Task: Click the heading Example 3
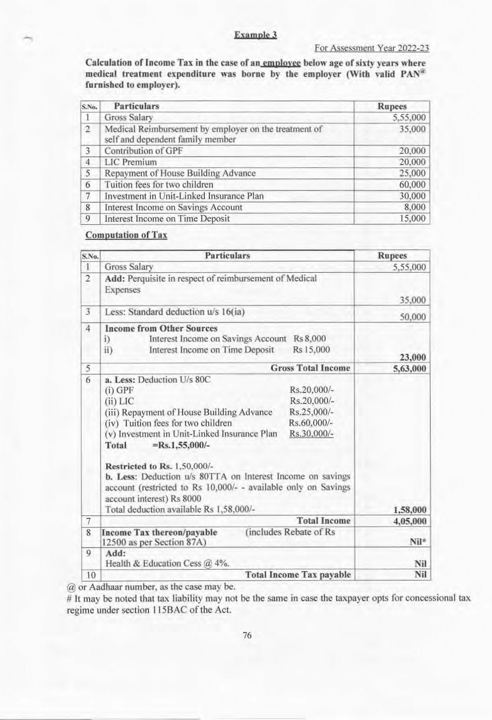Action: tap(255, 35)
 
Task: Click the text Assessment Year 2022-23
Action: tap(371, 48)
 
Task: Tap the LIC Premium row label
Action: tap(131, 162)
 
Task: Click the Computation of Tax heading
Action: tap(126, 235)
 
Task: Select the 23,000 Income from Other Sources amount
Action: tap(413, 357)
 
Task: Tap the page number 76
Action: tap(247, 635)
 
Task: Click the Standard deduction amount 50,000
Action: tap(413, 317)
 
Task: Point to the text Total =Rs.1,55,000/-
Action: tap(157, 445)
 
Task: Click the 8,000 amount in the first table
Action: tap(415, 207)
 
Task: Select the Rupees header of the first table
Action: tap(391, 106)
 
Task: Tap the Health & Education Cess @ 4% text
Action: tap(167, 563)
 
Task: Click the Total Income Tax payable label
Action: tap(298, 575)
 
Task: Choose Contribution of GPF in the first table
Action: tap(143, 151)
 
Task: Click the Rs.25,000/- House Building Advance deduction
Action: tap(311, 412)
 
